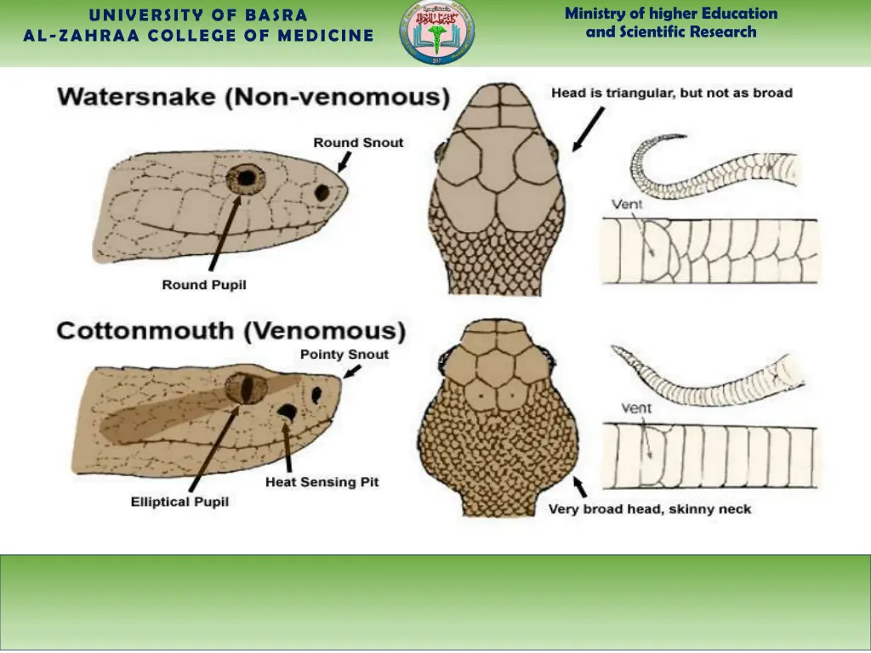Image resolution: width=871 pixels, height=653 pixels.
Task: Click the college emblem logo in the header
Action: [437, 33]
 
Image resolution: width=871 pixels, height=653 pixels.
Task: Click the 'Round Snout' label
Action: [358, 142]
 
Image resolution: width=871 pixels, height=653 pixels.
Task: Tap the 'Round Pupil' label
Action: [204, 285]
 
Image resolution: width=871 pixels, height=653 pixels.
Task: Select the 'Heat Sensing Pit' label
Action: [322, 482]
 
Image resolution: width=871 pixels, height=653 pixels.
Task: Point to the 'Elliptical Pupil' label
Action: [179, 502]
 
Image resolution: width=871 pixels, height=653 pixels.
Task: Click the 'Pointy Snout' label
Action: [344, 354]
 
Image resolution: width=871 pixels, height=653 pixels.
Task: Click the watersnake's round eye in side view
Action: [246, 178]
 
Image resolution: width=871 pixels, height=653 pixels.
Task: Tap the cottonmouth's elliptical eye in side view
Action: [247, 388]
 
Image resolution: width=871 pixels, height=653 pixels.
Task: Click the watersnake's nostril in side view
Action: [322, 192]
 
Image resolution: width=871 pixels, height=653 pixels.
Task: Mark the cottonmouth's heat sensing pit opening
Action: [287, 412]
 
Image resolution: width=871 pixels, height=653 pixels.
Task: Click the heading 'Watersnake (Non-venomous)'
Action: [253, 97]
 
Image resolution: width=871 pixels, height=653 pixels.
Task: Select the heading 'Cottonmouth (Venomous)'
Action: [231, 331]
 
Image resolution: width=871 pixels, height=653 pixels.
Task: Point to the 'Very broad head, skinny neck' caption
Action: [650, 509]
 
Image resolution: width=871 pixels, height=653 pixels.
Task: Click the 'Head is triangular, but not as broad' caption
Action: [672, 93]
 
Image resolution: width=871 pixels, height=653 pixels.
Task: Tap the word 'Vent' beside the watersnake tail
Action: [627, 204]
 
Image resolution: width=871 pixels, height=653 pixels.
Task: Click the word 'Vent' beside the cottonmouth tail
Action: [636, 408]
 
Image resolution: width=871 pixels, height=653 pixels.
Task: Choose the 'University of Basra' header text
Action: [198, 14]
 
